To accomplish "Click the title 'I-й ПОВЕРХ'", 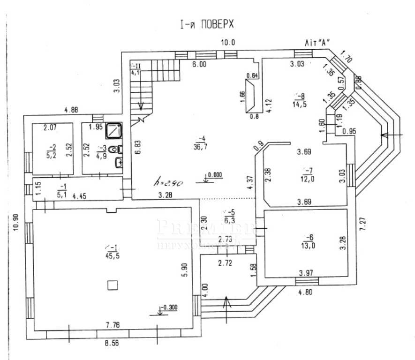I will (206, 24).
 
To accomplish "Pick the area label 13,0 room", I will (308, 242).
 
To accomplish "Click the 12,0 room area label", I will (308, 179).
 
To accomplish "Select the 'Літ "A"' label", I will (316, 42).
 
